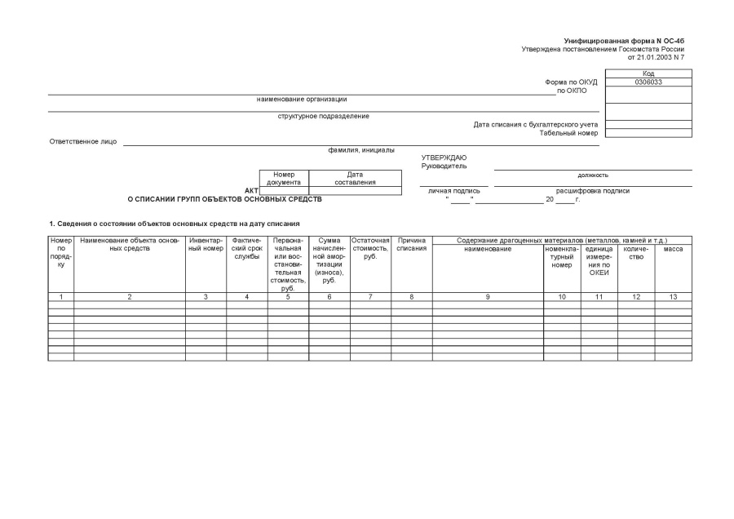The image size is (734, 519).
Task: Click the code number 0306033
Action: (648, 82)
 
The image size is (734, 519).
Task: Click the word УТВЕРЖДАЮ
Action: (444, 157)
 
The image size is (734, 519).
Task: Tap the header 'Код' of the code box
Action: (648, 73)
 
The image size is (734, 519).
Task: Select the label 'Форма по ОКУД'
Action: (572, 82)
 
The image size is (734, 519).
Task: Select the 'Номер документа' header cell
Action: (284, 178)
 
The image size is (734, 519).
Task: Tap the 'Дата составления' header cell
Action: (355, 178)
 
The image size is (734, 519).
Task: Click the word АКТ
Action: (251, 191)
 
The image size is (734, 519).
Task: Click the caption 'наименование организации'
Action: (302, 100)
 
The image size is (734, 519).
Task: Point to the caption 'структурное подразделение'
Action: (324, 116)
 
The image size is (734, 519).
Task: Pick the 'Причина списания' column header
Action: (411, 244)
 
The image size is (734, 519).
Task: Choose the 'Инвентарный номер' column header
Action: (206, 244)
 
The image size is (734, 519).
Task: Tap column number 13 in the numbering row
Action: (673, 296)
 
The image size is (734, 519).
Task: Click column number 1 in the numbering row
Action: (61, 296)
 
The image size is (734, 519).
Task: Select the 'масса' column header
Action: (673, 249)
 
